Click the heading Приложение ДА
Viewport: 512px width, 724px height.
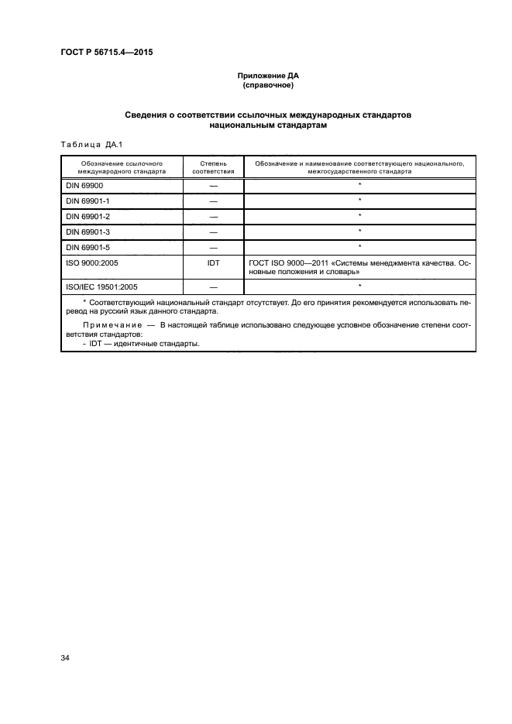(268, 76)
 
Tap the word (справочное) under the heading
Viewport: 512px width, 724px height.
(268, 86)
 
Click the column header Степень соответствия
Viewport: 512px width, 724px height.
(213, 168)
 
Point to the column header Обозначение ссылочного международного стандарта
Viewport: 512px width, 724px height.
(121, 168)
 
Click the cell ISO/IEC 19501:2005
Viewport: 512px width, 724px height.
(99, 286)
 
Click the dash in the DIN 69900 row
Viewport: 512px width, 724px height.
(213, 187)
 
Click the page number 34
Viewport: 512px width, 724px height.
(65, 658)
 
